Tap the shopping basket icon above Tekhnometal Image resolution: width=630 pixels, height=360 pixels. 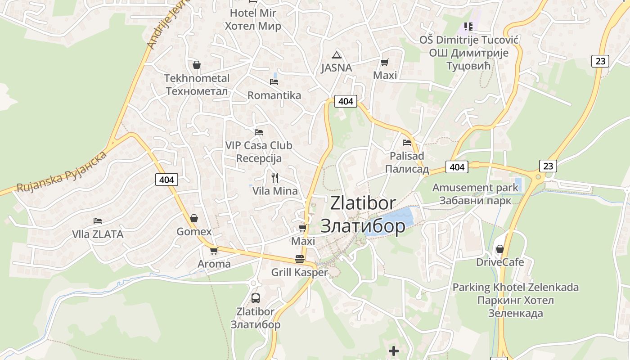pos(196,65)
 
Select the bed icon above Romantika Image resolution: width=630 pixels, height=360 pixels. pos(274,82)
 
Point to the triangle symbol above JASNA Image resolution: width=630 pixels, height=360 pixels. pos(336,55)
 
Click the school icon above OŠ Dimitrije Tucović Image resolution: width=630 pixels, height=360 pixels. pos(468,27)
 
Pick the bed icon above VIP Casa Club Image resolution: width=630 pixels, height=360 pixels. pos(259,132)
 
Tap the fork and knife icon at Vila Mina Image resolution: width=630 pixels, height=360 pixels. pos(275,178)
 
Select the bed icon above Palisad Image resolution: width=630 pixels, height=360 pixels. pos(407,143)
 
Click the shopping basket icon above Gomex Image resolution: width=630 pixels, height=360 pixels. pos(194,218)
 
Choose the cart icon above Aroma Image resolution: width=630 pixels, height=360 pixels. pos(214,251)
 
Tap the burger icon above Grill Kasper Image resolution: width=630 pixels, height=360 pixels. pos(300,259)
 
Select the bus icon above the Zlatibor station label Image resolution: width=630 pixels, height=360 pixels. pos(255,298)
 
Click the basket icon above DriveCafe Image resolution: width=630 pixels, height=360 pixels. pos(499,249)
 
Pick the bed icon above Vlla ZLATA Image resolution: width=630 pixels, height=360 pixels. pos(98,221)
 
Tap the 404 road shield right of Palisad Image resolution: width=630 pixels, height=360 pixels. pos(457,167)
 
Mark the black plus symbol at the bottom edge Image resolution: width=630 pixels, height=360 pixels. pos(394,351)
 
